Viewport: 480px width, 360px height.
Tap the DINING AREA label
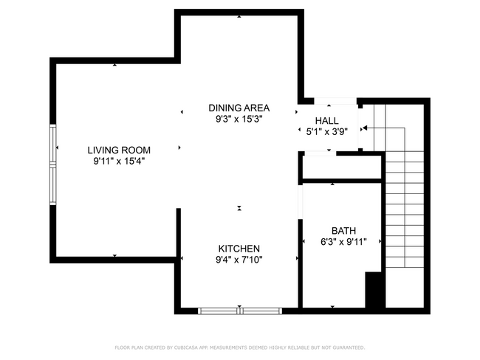click(x=239, y=107)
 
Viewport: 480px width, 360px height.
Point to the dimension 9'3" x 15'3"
click(x=239, y=118)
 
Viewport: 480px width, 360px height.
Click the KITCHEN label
click(x=239, y=248)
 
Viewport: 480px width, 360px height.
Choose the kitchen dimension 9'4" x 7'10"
click(x=239, y=259)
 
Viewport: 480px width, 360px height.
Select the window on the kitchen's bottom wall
click(x=240, y=311)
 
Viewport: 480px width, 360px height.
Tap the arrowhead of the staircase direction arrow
click(x=364, y=128)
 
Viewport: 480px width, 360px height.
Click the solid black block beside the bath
click(x=375, y=291)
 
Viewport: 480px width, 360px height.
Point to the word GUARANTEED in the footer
click(x=345, y=347)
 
